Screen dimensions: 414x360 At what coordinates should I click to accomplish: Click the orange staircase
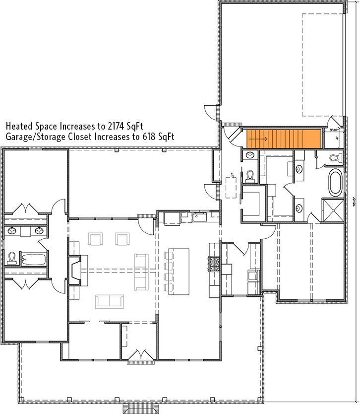[284, 138]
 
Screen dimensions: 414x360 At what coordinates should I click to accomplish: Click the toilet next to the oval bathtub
[336, 158]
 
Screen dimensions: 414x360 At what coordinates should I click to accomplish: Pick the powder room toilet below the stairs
[250, 175]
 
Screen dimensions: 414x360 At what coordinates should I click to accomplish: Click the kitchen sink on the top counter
[201, 217]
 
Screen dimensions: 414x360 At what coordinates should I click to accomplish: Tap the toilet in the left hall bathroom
[12, 258]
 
